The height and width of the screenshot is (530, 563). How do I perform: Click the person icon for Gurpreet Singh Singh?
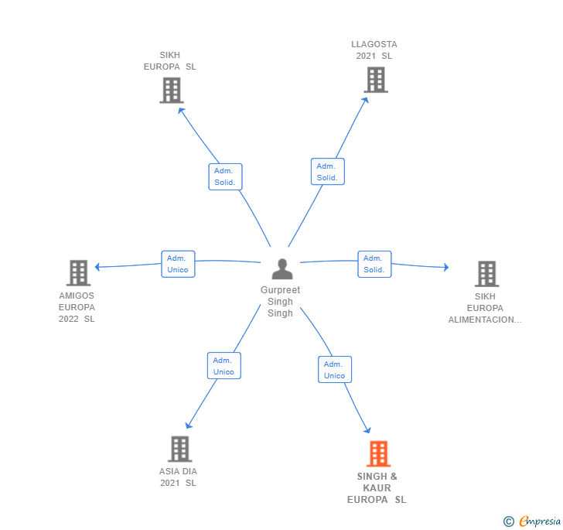coord(282,268)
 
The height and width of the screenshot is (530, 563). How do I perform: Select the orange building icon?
coord(378,453)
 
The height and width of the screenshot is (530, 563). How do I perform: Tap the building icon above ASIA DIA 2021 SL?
coord(180,449)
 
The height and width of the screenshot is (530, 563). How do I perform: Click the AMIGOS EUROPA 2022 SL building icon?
coord(79,272)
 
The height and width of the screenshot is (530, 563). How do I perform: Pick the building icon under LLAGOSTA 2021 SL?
coord(376,80)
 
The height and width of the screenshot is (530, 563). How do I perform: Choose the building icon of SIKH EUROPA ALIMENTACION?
coord(487,274)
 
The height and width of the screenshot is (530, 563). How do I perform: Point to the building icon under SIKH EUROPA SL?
coord(172,91)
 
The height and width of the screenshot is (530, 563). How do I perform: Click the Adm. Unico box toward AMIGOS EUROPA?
coord(178,264)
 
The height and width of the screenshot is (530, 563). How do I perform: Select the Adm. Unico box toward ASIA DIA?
coord(224,366)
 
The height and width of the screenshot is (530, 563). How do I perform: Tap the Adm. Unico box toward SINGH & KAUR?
coord(335,369)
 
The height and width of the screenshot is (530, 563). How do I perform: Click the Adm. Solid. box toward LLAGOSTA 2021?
coord(328,172)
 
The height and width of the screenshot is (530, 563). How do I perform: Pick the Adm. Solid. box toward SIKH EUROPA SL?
coord(226,176)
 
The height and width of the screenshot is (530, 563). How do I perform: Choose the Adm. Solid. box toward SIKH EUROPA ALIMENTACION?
coord(374,264)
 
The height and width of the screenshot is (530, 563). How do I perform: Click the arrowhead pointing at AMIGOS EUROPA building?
coord(97,267)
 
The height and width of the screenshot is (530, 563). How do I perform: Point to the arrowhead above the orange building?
coord(367,430)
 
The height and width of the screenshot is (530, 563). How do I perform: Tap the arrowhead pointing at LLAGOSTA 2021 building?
coord(366,101)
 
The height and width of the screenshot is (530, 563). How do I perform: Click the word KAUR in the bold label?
coord(377,488)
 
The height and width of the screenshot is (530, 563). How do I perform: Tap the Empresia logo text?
coord(540,521)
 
